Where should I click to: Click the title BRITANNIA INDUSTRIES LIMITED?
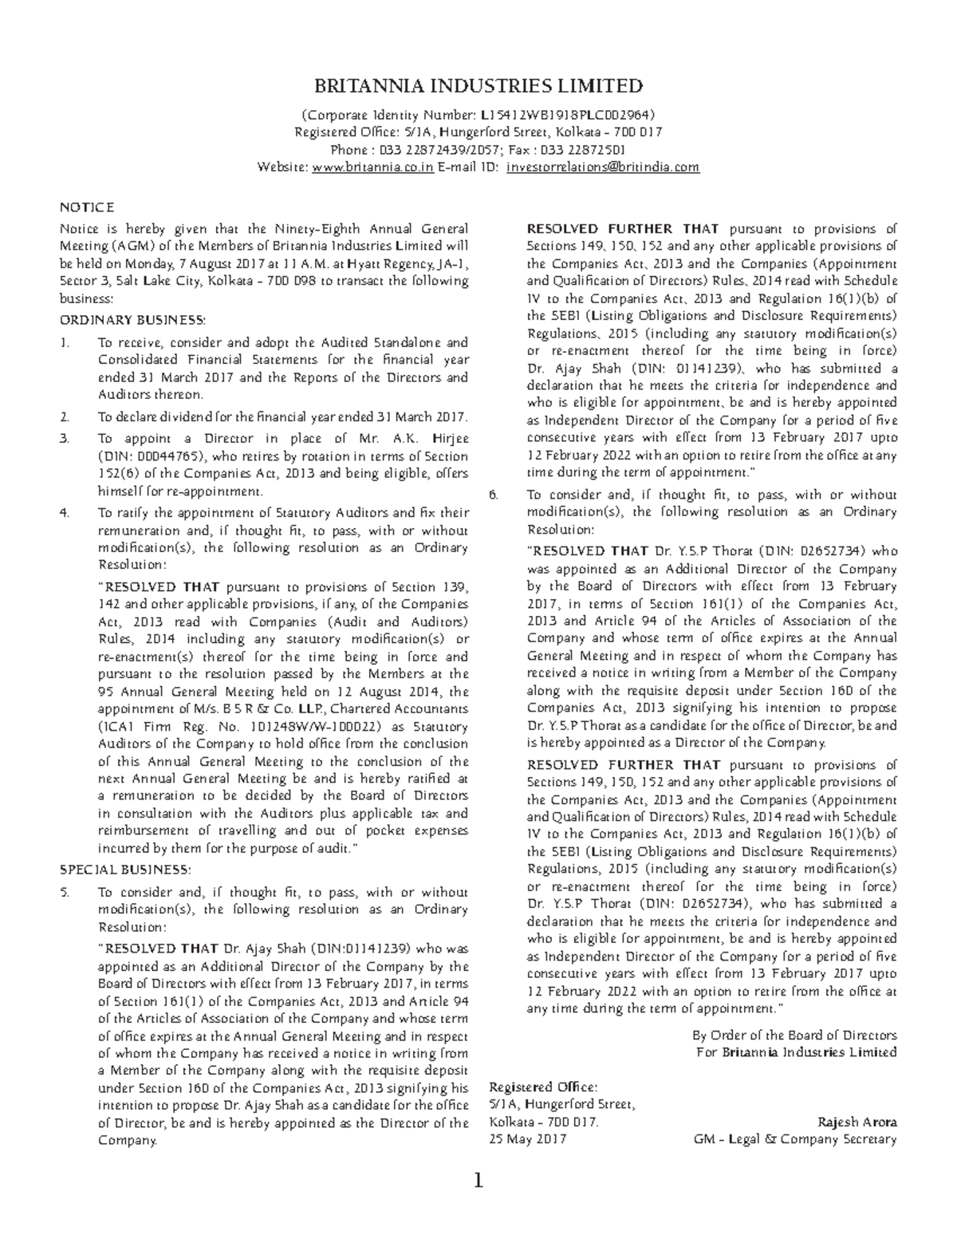point(478,86)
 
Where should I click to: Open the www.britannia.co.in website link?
point(372,168)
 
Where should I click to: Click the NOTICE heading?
point(88,207)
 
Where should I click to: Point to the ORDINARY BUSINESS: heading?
point(133,321)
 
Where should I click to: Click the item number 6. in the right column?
point(494,495)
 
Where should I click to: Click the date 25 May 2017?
point(527,1139)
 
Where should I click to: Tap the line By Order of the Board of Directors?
point(794,1035)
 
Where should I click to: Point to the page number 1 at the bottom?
point(478,1182)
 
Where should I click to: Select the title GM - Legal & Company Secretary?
point(796,1139)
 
